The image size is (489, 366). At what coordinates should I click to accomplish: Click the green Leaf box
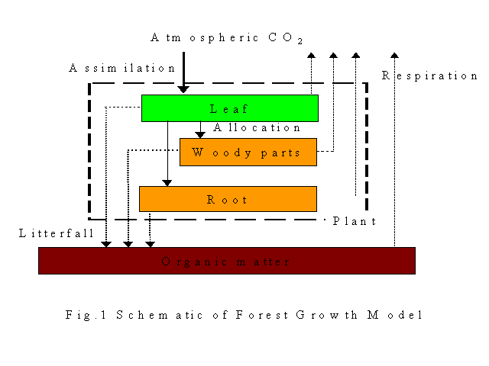pyautogui.click(x=230, y=108)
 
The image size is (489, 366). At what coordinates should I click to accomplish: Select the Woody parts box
pyautogui.click(x=248, y=152)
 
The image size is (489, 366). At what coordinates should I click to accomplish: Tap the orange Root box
pyautogui.click(x=228, y=199)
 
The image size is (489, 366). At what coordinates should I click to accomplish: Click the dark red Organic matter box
pyautogui.click(x=227, y=261)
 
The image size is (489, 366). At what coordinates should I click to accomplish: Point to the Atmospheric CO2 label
pyautogui.click(x=227, y=38)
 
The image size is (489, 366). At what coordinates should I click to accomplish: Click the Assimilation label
pyautogui.click(x=122, y=68)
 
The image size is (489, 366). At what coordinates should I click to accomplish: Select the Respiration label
pyautogui.click(x=429, y=75)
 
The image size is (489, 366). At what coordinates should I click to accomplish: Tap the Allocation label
pyautogui.click(x=257, y=127)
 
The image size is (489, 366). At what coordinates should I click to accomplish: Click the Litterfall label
pyautogui.click(x=56, y=233)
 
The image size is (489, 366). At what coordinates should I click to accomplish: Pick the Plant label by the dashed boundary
pyautogui.click(x=355, y=221)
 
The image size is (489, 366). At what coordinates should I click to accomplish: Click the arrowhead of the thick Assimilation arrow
pyautogui.click(x=183, y=90)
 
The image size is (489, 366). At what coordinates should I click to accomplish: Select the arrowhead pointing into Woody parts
pyautogui.click(x=200, y=135)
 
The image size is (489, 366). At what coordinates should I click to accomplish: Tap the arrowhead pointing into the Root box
pyautogui.click(x=167, y=183)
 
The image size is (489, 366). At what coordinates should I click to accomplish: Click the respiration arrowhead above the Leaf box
pyautogui.click(x=311, y=56)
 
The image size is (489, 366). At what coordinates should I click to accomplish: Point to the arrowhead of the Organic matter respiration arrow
pyautogui.click(x=394, y=56)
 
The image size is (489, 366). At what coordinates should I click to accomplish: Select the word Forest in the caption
pyautogui.click(x=262, y=315)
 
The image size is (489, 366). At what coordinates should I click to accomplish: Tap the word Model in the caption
pyautogui.click(x=395, y=315)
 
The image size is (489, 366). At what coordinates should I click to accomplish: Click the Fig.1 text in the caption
pyautogui.click(x=86, y=315)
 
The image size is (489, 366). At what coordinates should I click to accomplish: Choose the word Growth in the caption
pyautogui.click(x=326, y=315)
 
